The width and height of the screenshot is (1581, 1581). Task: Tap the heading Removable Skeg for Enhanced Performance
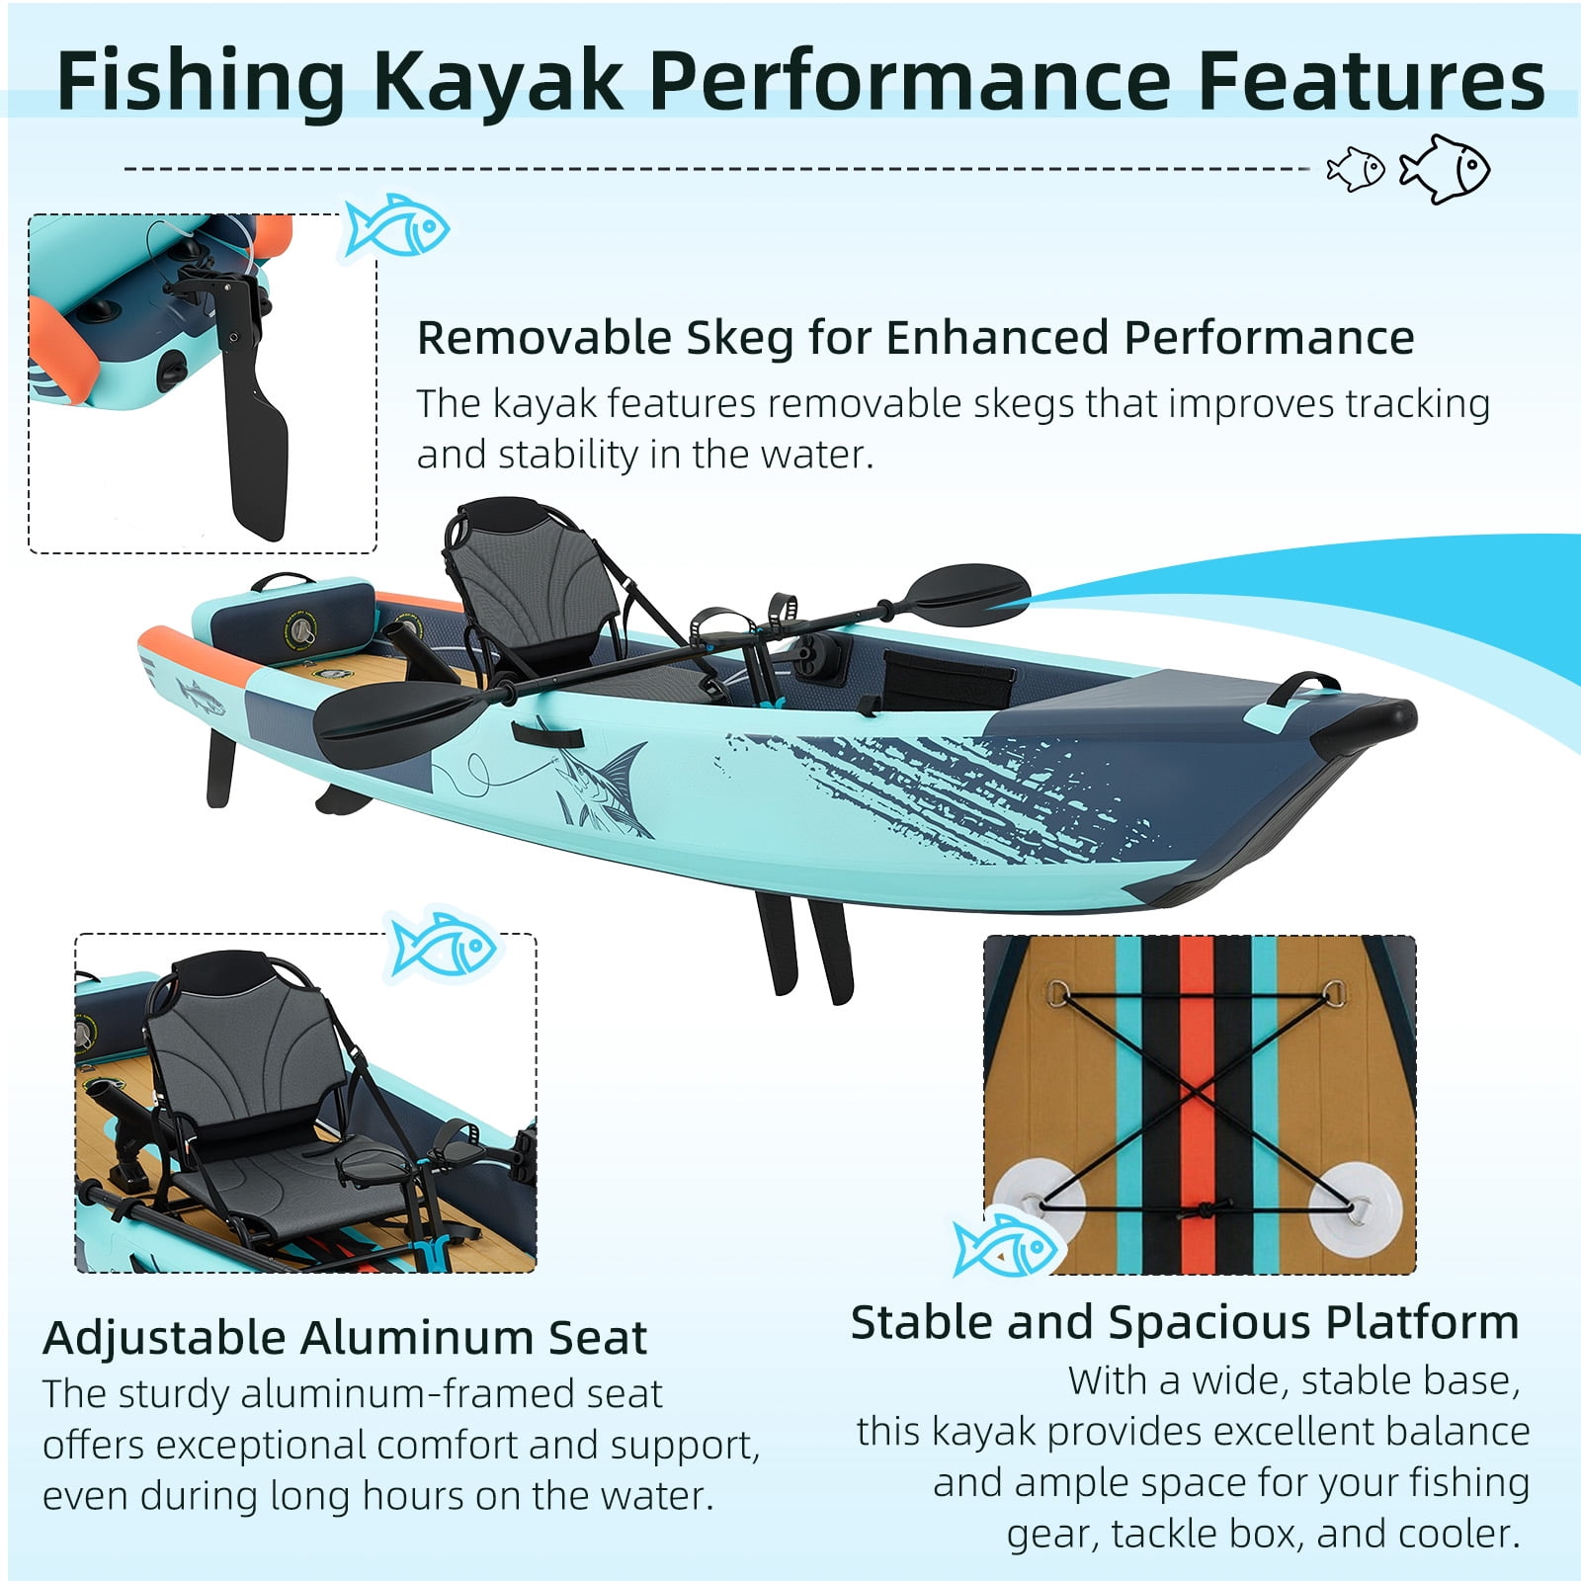tap(915, 338)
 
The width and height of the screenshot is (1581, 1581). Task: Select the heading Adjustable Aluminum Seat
tap(345, 1338)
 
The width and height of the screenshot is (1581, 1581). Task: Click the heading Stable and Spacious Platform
tap(1185, 1322)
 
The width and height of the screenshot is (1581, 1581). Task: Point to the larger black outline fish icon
tap(1445, 169)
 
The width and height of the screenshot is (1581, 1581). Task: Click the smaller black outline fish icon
tap(1357, 169)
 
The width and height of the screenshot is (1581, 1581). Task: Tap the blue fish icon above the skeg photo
tap(395, 226)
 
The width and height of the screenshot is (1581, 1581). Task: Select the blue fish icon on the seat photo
tap(444, 946)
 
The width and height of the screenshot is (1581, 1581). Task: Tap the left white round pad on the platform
tap(1038, 1204)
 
